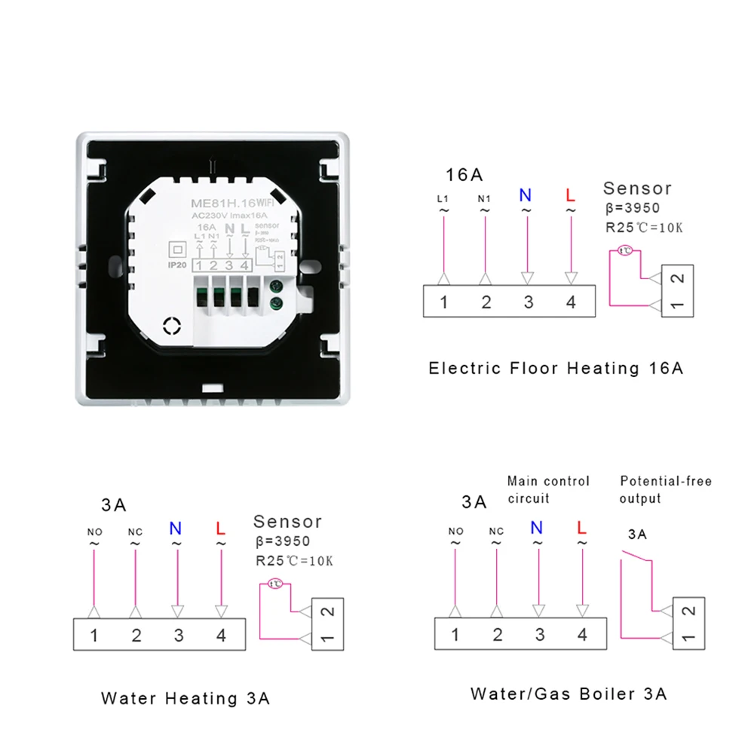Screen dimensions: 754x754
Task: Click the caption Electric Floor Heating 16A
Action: [556, 369]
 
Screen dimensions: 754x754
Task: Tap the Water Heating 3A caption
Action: [185, 698]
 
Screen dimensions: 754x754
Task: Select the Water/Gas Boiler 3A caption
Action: [569, 694]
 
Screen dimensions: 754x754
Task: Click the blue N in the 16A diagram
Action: [525, 195]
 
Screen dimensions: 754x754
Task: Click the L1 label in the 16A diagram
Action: [443, 199]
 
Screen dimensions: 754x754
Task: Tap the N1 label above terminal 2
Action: [486, 199]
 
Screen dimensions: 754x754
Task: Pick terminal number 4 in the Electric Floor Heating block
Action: [571, 302]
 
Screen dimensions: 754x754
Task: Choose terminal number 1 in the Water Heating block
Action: [93, 636]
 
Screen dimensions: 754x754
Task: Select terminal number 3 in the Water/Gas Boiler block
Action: [539, 635]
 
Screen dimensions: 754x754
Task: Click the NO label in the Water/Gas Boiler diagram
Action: [455, 532]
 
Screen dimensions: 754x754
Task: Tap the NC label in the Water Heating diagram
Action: [135, 532]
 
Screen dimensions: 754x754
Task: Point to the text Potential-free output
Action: [665, 490]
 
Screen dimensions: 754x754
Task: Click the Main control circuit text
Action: [548, 490]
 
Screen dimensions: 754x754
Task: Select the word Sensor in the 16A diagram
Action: [637, 188]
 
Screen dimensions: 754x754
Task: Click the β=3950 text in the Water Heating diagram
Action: [282, 541]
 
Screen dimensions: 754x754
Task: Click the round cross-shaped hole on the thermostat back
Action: [173, 324]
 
